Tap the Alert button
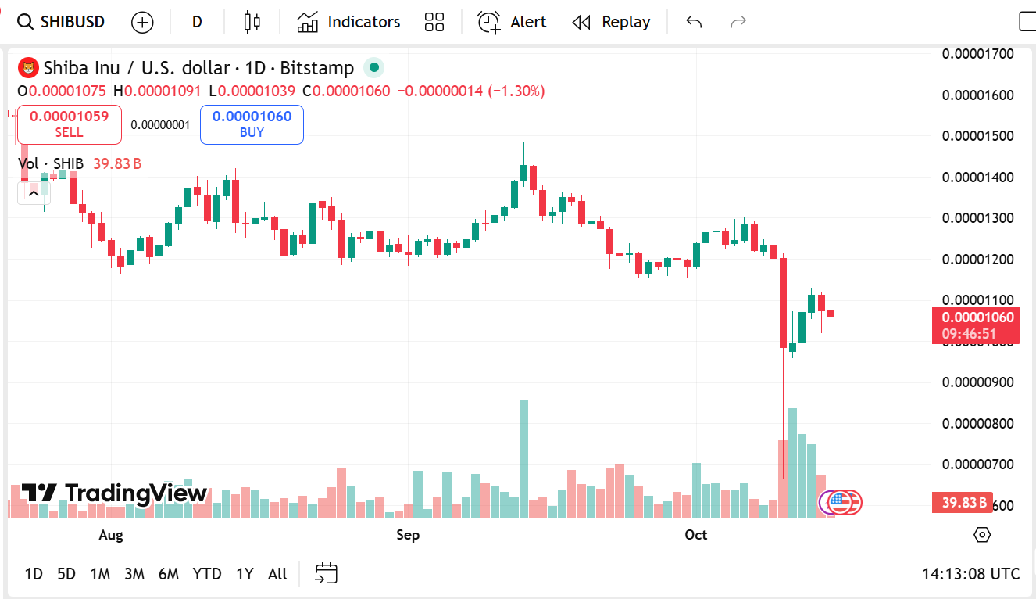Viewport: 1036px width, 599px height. point(513,22)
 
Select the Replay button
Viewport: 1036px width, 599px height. point(611,22)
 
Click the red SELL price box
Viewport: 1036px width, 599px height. point(69,124)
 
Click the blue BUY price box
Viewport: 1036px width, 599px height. point(252,124)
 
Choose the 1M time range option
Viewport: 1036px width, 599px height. point(100,574)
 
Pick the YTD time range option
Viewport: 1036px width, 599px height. point(207,574)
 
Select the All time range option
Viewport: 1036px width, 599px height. point(277,574)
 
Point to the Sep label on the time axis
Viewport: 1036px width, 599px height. point(408,535)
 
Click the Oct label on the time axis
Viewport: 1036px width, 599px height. point(695,535)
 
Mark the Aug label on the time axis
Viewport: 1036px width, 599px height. point(111,535)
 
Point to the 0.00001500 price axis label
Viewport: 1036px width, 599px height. point(977,136)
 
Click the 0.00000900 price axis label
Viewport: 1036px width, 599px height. point(977,382)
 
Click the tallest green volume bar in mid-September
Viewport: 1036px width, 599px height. point(523,458)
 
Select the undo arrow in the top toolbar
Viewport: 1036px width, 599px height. point(694,22)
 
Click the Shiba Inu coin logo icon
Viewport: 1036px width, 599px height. point(28,68)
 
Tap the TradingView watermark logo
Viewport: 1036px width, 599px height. point(114,493)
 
